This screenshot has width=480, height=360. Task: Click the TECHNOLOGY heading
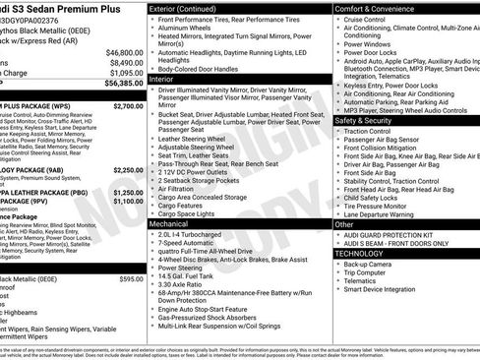click(360, 253)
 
